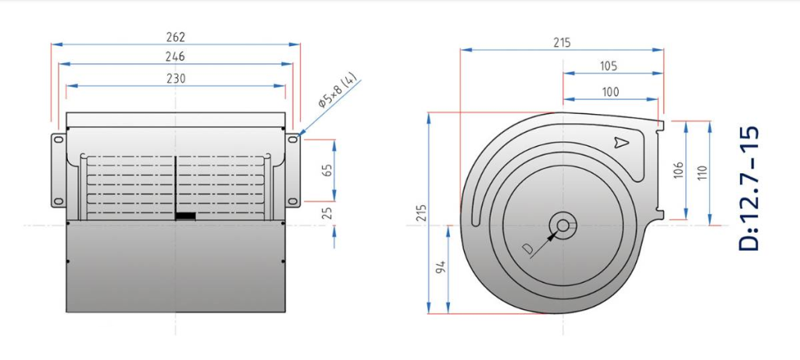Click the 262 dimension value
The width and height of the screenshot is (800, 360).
176,37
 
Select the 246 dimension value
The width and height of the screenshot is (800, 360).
175,56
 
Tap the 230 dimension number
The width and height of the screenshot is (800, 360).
176,78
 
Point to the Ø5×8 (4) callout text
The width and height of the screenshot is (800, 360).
339,92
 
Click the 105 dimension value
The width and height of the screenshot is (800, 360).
609,66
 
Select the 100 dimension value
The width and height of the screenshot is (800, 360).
610,92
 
